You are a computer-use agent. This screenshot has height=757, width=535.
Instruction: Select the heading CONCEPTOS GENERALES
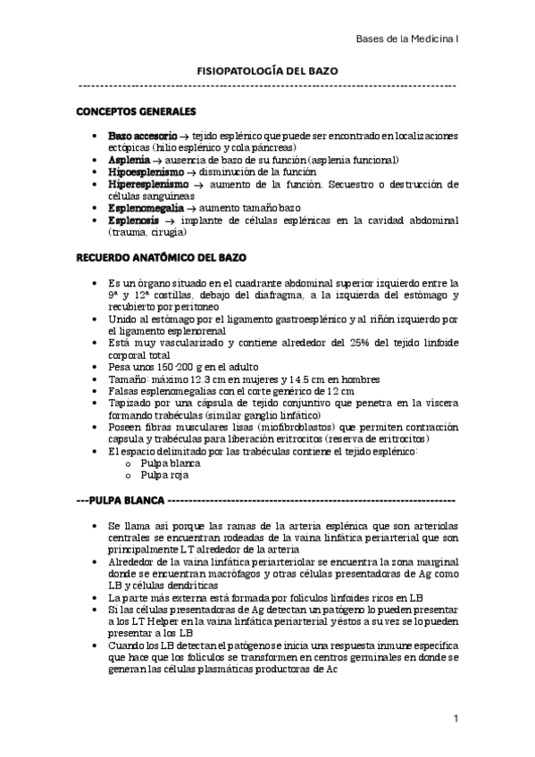click(136, 113)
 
